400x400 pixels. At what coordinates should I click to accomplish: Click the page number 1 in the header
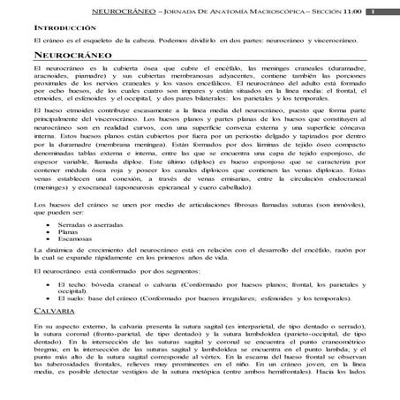coord(374,11)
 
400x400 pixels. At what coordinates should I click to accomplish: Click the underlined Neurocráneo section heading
coord(70,55)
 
